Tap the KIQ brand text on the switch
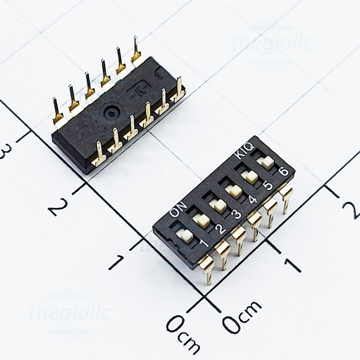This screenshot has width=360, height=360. (244, 150)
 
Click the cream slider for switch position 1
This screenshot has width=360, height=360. (184, 236)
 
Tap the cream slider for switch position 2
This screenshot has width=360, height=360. (202, 221)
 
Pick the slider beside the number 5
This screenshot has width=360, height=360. (251, 177)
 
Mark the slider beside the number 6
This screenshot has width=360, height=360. (266, 163)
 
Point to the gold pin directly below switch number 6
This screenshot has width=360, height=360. (286, 197)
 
